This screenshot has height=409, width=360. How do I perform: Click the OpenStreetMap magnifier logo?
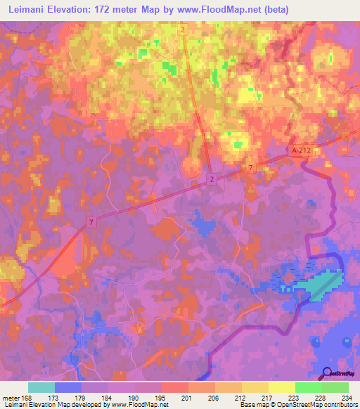[327, 373]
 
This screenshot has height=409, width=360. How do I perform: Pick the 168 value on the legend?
[28, 397]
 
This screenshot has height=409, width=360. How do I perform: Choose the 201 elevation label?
[188, 397]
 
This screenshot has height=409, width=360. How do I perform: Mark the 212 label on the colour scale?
[242, 397]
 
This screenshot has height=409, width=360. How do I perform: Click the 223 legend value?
[295, 397]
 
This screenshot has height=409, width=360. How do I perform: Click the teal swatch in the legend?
[41, 387]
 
